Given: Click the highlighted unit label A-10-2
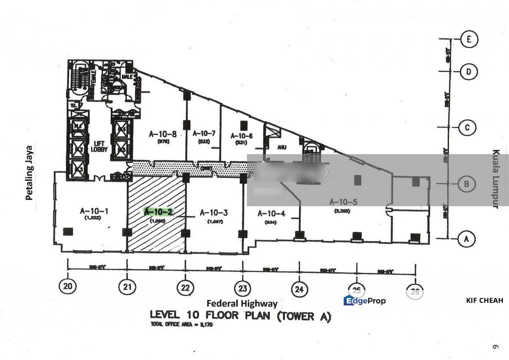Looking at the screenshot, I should [158, 212].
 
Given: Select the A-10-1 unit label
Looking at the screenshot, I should [94, 211].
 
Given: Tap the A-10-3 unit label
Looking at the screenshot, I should [214, 212].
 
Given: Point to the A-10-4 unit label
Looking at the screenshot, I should [271, 213].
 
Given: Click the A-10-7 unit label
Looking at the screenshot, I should [203, 134].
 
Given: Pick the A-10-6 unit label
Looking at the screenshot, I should [241, 135].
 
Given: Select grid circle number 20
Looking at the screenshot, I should [67, 286].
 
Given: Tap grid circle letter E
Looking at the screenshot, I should [469, 39].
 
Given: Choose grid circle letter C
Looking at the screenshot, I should [467, 127].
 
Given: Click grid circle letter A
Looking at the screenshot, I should [466, 239].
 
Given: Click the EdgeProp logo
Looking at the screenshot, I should [364, 300].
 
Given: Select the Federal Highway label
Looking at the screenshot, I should [242, 303].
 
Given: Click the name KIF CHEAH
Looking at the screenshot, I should [483, 300].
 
